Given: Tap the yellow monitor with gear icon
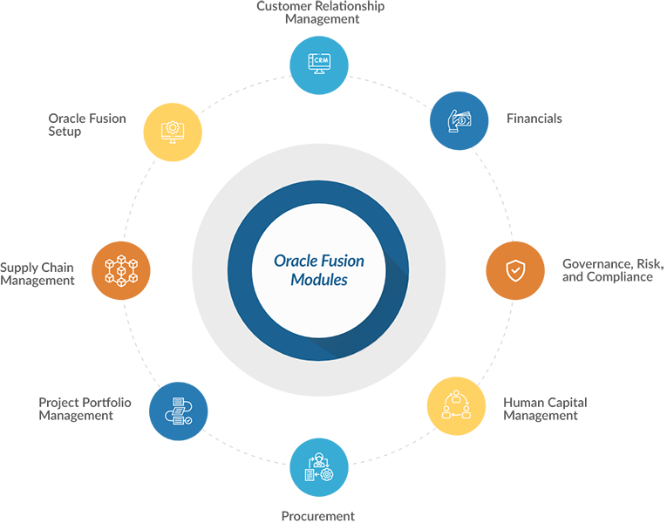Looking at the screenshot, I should (x=171, y=131).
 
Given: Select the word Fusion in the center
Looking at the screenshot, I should (x=344, y=260).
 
